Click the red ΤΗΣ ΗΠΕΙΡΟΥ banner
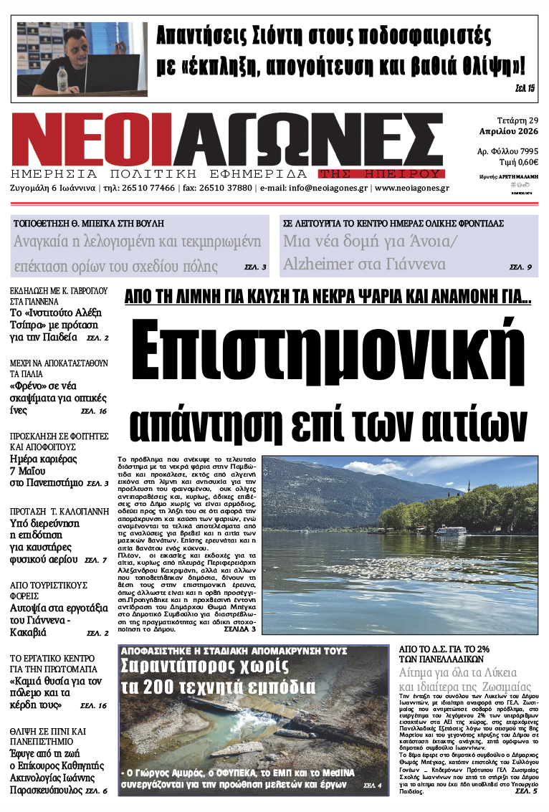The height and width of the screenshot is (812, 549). [x=382, y=173]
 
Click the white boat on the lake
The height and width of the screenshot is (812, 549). [x=450, y=531]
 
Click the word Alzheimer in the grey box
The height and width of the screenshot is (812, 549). [x=326, y=264]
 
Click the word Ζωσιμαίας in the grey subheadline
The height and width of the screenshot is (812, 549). [x=502, y=687]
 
